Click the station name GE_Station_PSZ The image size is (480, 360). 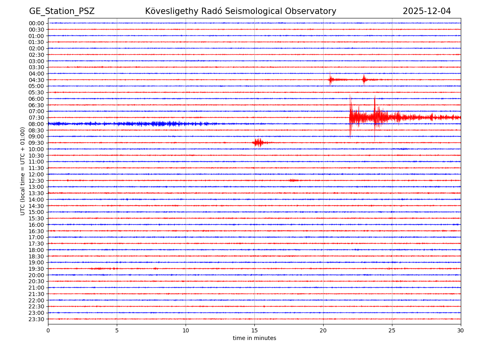[62, 11]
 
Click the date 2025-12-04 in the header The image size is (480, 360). [426, 11]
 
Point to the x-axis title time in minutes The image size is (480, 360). [254, 338]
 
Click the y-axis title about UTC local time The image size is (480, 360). [23, 171]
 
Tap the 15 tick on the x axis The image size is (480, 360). [254, 330]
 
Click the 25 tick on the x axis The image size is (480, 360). [392, 330]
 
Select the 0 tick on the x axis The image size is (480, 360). [48, 330]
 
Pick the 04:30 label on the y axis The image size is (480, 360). [36, 80]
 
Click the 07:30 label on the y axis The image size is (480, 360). [36, 118]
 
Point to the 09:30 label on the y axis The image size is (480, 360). [36, 143]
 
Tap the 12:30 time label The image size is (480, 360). [36, 180]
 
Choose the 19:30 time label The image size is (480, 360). [36, 269]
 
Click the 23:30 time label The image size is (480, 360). [36, 319]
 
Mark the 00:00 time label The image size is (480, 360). [36, 23]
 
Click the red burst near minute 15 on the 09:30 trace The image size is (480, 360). [258, 142]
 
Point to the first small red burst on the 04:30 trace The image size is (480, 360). [330, 79]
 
